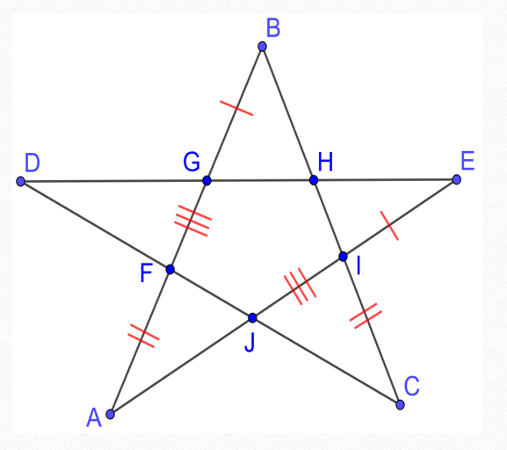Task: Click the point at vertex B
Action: [262, 47]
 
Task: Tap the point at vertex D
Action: [21, 181]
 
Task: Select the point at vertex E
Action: [456, 179]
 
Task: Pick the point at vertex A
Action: [110, 414]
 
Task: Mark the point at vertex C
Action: [400, 404]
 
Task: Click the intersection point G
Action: [207, 180]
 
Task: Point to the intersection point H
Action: [314, 180]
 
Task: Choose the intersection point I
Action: [343, 257]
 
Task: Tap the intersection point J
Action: [252, 318]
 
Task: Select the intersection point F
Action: [170, 269]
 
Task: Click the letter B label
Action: [273, 28]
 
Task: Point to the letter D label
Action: [33, 163]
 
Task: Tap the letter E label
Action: [467, 161]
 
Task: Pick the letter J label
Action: [250, 342]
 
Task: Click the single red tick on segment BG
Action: [236, 108]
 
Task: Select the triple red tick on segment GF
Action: [193, 221]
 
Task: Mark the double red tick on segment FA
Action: [143, 336]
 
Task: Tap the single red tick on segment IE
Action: [389, 226]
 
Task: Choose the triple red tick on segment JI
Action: [300, 287]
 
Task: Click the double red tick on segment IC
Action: [366, 316]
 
